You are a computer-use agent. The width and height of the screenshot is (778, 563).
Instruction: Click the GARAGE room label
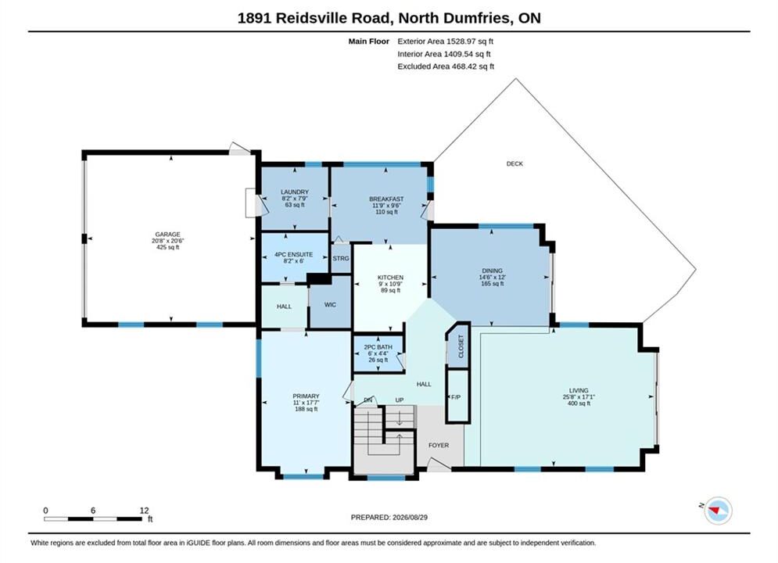pyautogui.click(x=167, y=235)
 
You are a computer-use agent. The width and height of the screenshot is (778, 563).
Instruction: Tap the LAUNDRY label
pyautogui.click(x=295, y=192)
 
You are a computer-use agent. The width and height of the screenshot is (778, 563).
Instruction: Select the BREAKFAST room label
pyautogui.click(x=386, y=199)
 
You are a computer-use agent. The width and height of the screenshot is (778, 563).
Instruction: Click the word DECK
pyautogui.click(x=514, y=163)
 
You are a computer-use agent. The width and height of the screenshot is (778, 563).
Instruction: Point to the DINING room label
pyautogui.click(x=492, y=271)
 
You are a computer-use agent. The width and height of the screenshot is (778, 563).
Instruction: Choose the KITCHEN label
pyautogui.click(x=390, y=278)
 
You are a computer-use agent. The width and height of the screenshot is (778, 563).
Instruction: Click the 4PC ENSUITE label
pyautogui.click(x=294, y=254)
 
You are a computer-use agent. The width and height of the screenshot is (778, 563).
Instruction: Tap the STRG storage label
pyautogui.click(x=341, y=259)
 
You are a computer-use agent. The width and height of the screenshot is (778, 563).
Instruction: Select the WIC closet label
pyautogui.click(x=330, y=304)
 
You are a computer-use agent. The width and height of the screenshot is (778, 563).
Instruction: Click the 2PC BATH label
pyautogui.click(x=378, y=347)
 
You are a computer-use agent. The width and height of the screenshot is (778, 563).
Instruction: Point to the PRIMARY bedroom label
pyautogui.click(x=306, y=396)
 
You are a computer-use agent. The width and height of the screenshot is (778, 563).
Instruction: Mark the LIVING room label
pyautogui.click(x=579, y=390)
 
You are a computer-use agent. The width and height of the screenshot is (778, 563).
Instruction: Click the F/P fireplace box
pyautogui.click(x=457, y=396)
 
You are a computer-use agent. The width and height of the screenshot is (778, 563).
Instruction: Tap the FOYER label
pyautogui.click(x=439, y=446)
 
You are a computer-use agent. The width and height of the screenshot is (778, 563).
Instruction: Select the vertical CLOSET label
pyautogui.click(x=461, y=346)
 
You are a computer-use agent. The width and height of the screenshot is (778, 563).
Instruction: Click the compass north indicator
pyautogui.click(x=715, y=509)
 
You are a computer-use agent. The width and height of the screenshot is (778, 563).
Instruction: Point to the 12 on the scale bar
pyautogui.click(x=144, y=511)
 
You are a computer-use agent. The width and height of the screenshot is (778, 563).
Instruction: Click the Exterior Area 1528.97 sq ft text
pyautogui.click(x=445, y=41)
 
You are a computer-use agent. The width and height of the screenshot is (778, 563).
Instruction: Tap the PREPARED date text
pyautogui.click(x=389, y=518)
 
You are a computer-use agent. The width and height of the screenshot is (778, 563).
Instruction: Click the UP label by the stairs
pyautogui.click(x=400, y=400)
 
